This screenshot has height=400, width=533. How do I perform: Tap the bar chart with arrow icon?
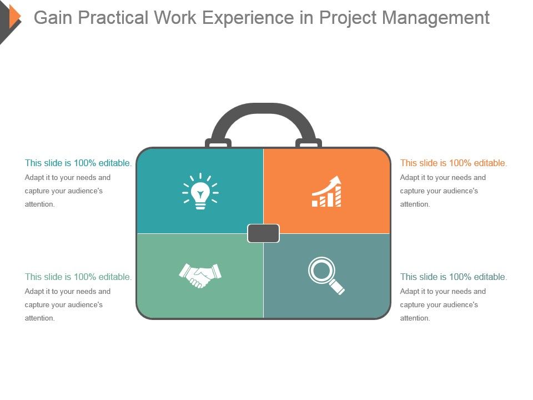(x=327, y=192)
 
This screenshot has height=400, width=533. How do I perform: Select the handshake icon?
(x=200, y=275)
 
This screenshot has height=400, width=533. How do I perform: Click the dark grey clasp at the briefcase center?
(x=263, y=233)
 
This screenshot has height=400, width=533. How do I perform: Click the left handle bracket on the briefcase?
(x=218, y=144)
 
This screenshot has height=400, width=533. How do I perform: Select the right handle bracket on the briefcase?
(x=308, y=144)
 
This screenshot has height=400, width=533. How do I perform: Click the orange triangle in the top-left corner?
(x=15, y=16)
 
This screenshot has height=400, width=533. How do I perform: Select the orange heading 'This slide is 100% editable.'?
(x=454, y=163)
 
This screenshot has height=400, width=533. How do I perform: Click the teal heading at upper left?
(x=78, y=163)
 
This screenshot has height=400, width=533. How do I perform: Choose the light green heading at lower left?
(x=78, y=277)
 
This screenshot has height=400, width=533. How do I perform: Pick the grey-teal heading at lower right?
(x=454, y=277)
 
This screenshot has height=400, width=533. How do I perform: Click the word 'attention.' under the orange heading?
(x=415, y=204)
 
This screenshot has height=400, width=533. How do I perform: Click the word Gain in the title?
(x=53, y=18)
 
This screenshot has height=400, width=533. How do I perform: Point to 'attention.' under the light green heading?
(x=40, y=318)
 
